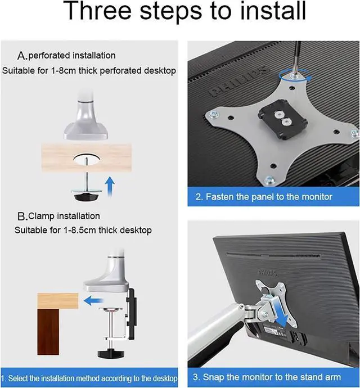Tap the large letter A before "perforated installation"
click(21, 56)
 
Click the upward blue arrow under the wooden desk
click(110, 187)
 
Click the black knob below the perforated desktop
click(87, 197)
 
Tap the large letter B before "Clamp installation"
click(22, 216)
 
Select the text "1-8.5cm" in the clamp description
click(79, 231)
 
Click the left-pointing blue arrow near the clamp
click(93, 301)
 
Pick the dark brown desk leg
click(48, 332)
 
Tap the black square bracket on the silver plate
click(282, 119)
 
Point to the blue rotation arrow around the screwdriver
click(294, 75)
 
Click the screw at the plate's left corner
click(214, 115)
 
